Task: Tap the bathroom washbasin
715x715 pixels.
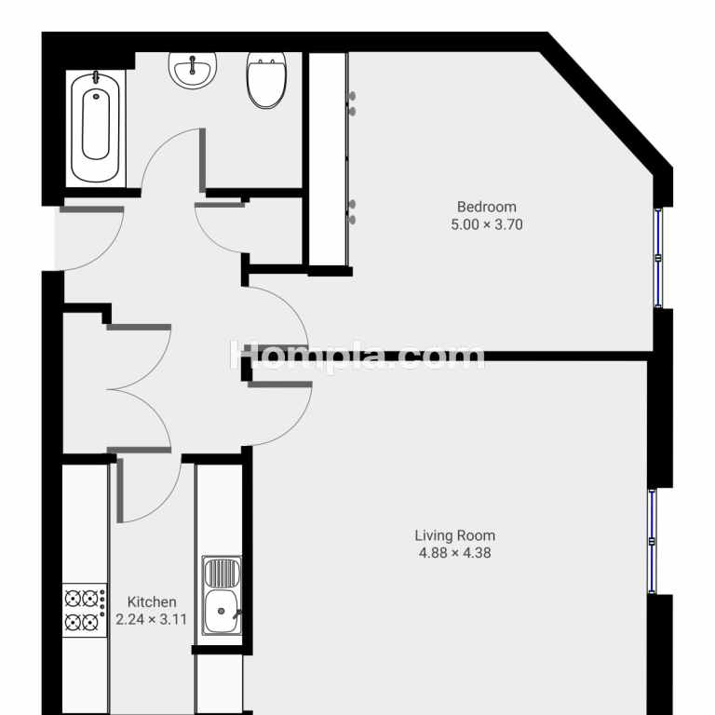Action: click(193, 70)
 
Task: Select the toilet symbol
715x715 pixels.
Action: click(267, 80)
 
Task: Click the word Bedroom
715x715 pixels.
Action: click(487, 207)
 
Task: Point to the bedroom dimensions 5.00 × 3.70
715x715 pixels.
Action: click(487, 224)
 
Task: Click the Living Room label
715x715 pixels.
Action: click(454, 535)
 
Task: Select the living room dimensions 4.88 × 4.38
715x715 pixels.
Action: click(454, 553)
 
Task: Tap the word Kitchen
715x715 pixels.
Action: click(152, 602)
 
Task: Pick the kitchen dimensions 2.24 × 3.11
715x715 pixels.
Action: click(151, 619)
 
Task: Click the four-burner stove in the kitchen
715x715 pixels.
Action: click(85, 610)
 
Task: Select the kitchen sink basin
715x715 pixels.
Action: click(222, 612)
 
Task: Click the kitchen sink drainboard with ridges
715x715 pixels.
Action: click(222, 573)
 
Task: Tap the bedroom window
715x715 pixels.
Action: click(658, 258)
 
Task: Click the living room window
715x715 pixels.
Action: click(652, 541)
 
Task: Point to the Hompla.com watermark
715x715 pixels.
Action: click(357, 356)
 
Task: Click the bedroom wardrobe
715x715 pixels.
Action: click(328, 159)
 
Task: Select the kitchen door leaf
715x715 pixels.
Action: click(120, 491)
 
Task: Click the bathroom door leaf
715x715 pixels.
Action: click(202, 160)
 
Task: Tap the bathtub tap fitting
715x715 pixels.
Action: click(96, 77)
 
